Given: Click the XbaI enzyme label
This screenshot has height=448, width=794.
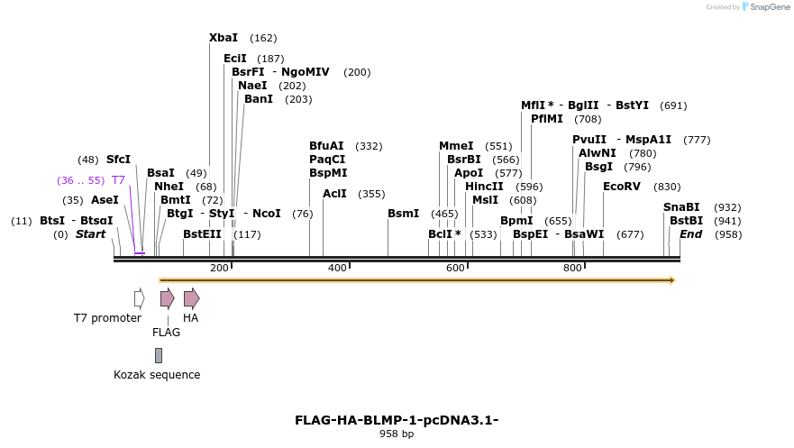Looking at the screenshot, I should tap(224, 38).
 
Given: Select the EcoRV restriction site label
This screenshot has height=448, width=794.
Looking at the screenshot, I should tap(622, 186).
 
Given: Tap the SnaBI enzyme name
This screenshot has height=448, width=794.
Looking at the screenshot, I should tap(681, 207).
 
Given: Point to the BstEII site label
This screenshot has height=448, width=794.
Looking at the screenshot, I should tap(202, 234).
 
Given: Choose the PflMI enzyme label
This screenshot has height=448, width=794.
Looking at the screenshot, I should tap(548, 119).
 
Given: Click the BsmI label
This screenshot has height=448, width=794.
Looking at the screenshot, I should tap(403, 214).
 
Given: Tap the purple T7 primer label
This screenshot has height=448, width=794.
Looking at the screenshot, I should tap(118, 180).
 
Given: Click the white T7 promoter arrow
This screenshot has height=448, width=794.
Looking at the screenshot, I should tap(139, 298).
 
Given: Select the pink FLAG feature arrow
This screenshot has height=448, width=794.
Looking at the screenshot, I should tap(167, 298).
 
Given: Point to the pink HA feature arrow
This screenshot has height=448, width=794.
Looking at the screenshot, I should tap(191, 298).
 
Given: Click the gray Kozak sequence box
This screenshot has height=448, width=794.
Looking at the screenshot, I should tap(159, 355).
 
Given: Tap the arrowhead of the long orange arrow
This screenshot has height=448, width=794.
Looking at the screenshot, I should tap(672, 280).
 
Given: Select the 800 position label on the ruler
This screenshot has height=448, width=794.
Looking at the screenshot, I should tap(572, 268).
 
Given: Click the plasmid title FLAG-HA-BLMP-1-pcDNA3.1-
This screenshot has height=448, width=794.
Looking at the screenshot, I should tap(397, 420).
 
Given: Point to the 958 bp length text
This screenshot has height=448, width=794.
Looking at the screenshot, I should tap(397, 434).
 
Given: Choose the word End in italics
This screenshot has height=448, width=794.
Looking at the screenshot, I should tap(690, 234).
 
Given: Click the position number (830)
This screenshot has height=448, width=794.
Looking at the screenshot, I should tap(667, 187).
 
